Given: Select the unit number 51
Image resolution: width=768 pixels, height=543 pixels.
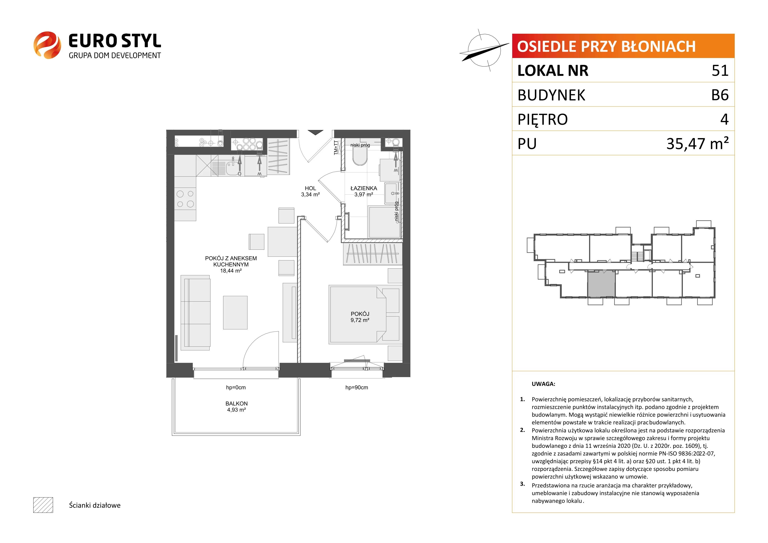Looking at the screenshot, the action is point(720,70).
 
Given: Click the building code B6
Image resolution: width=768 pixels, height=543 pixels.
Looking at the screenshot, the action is point(720,95).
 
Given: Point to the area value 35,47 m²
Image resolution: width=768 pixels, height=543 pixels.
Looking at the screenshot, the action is point(697,143).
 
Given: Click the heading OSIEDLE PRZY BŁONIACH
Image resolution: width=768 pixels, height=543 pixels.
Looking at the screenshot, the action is point(606,46).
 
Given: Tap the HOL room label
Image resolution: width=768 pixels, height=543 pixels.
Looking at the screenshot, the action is point(310,188).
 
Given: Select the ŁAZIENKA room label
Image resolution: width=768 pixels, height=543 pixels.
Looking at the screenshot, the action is point(364,188).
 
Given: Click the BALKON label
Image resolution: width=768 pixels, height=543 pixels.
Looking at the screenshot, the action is point(237,404).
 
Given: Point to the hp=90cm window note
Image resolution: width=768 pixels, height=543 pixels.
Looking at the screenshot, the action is point(357,388).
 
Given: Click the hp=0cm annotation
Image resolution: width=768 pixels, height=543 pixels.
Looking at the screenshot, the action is point(236,388).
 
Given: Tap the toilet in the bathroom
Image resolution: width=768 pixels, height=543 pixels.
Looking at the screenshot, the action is point(360,156).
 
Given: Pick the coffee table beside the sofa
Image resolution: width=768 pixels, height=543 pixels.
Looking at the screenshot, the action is point(235,313).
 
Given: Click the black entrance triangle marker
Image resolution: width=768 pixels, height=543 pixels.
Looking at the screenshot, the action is point(315,132).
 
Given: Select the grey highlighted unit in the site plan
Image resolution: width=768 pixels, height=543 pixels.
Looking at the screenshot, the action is point(601,284).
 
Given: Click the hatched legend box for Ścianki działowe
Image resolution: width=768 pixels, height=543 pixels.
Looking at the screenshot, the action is point(43,505).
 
